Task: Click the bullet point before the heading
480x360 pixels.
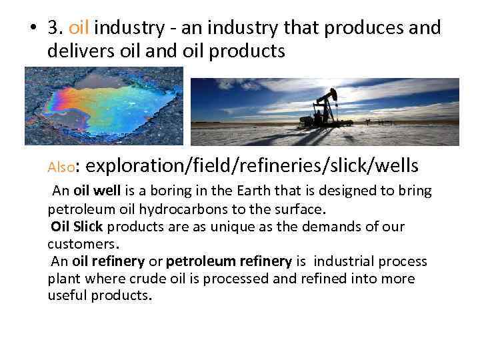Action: (x=32, y=29)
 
